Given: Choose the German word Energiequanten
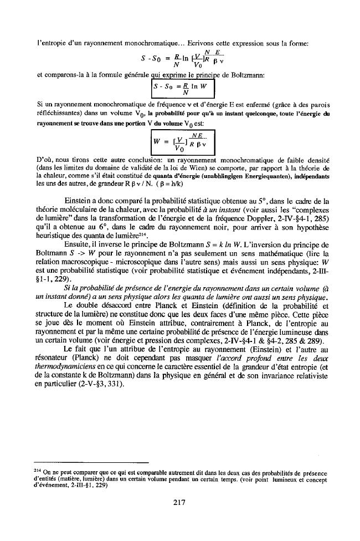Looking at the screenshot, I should pyautogui.click(x=250, y=176).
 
